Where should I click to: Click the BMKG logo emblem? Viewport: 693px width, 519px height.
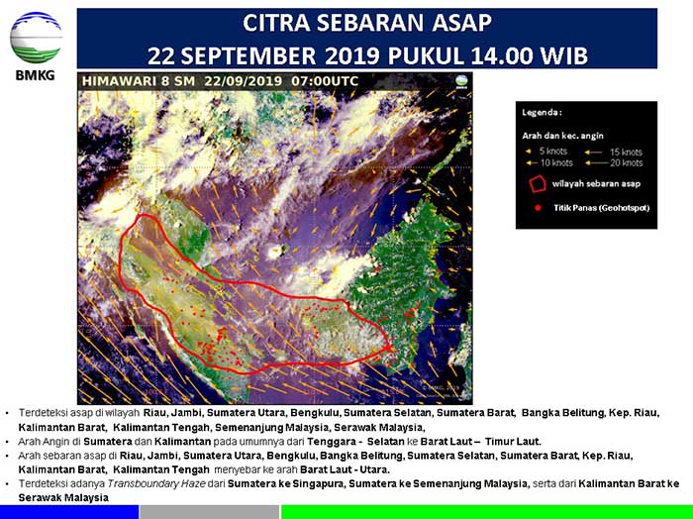(36, 38)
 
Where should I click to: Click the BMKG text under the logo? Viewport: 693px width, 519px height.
(35, 75)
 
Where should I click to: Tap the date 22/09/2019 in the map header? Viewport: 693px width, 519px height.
(239, 81)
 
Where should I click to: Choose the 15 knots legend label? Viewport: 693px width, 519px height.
(626, 151)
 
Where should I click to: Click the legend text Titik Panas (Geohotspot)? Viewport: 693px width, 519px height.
(602, 209)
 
